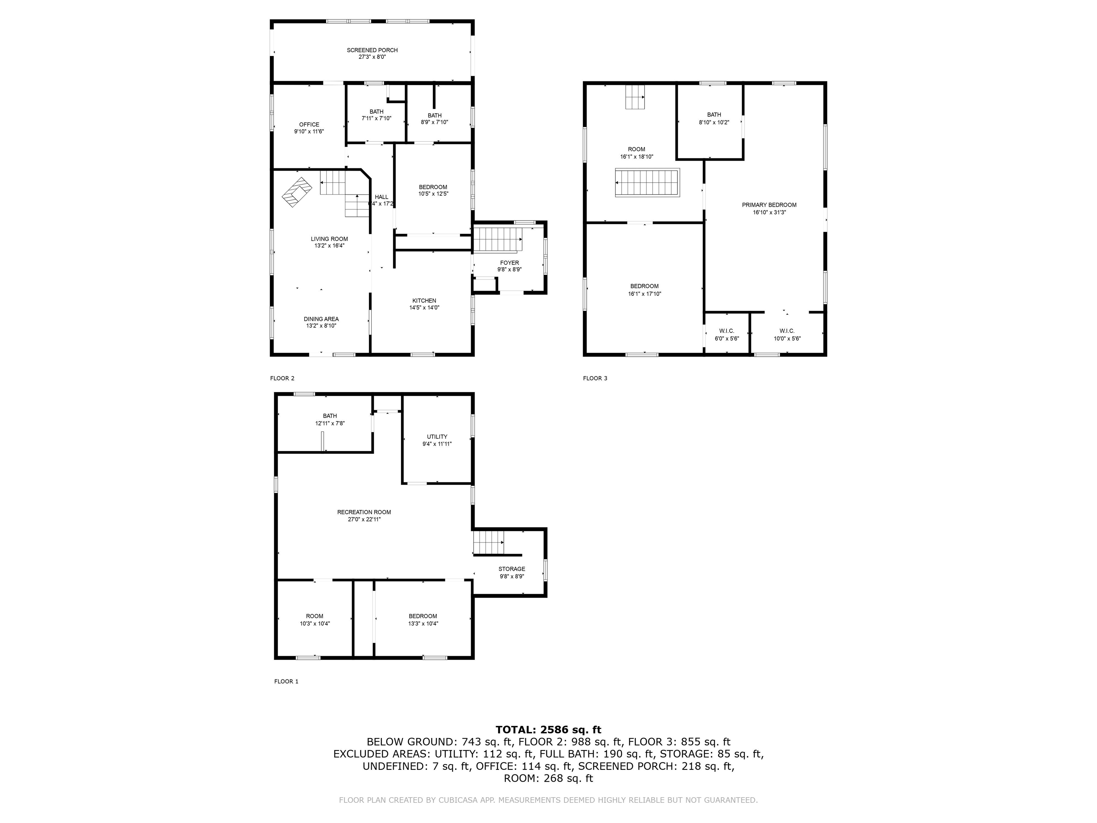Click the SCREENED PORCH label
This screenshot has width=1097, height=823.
coord(372,50)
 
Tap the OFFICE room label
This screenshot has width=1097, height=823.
coord(309,125)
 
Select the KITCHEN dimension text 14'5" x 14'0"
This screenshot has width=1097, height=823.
coord(424,308)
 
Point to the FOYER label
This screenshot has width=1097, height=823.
coord(509,263)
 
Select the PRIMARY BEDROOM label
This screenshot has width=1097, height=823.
coord(769,205)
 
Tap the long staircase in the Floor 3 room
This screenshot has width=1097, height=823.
coord(647,183)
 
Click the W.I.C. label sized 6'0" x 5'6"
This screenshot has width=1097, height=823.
coord(727,331)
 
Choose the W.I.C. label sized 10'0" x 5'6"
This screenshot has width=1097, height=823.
coord(787,331)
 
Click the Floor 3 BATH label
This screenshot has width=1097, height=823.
coord(713,115)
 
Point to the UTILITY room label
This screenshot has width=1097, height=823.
coord(437,437)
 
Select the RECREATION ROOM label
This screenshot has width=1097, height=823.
coord(364,512)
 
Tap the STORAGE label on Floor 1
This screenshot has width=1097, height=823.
coord(511,569)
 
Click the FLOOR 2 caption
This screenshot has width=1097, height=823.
coord(282,378)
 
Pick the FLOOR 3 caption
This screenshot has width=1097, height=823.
coord(595,378)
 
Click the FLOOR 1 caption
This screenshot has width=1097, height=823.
coord(286,681)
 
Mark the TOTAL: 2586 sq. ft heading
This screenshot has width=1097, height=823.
coord(548,729)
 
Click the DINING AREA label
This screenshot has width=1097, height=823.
coord(321,319)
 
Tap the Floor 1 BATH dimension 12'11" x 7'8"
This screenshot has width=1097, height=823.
coord(330,423)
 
